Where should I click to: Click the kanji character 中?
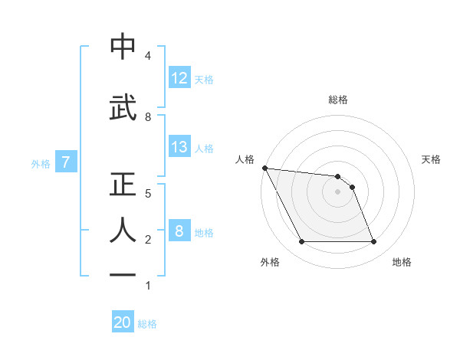pos(123,47)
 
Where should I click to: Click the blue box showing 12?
pos(179,78)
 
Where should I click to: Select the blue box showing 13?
pos(179,147)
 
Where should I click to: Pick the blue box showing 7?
pos(66,162)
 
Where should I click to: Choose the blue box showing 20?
pos(123,322)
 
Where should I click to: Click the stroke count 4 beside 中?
pos(147,56)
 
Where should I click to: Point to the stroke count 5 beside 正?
pos(147,194)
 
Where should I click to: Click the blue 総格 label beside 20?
pos(147,324)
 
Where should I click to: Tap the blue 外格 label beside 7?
pos(41,163)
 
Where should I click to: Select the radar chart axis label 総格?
pos(338,100)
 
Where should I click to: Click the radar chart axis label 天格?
pos(431,159)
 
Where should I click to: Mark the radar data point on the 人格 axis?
pos(264,168)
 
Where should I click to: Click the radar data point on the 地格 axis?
pos(373,242)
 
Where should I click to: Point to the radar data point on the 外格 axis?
pos(301,242)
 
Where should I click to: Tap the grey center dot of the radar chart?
pos(337,191)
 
